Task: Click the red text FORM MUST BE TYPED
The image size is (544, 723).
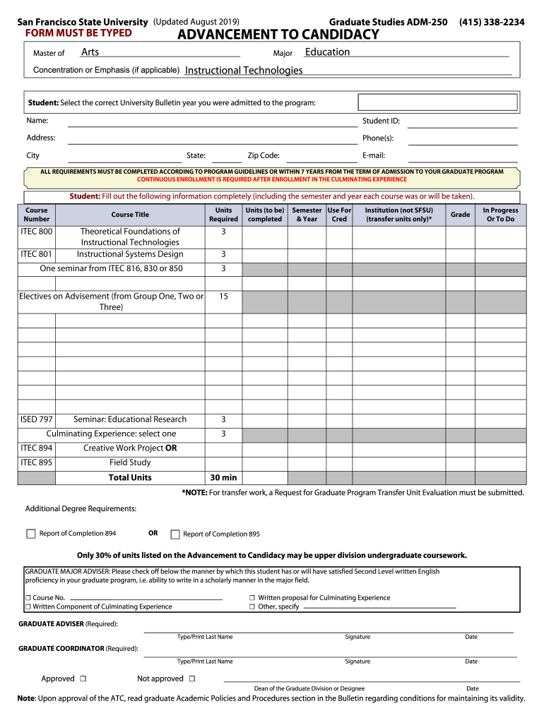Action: pos(78,33)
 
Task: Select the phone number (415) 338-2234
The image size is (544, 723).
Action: pos(492,23)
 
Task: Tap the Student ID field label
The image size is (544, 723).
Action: pos(381,121)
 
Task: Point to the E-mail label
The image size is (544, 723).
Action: pos(374,155)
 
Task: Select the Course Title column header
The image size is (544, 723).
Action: pos(130,215)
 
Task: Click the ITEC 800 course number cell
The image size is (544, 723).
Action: pos(36,232)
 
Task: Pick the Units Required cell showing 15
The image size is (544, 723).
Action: pos(223,297)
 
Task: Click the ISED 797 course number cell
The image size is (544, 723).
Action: pos(36,419)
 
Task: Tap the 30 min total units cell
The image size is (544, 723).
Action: pos(223,478)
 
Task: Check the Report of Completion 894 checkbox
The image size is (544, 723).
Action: pos(31,534)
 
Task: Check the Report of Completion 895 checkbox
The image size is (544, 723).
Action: pos(176,534)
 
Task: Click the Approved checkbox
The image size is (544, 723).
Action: pos(83,679)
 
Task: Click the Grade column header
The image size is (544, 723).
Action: pos(460,215)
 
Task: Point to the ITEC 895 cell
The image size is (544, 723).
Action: pos(36,462)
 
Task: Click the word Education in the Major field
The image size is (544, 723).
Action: pos(327,52)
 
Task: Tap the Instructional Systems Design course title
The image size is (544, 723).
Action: pos(130,254)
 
